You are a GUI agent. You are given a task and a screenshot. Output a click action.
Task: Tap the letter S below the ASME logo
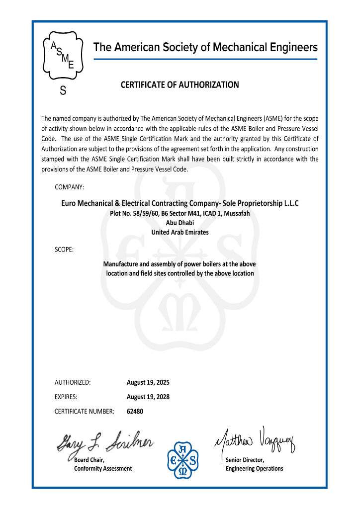tap(63, 91)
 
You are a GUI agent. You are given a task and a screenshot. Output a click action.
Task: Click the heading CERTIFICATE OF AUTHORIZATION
tap(180, 85)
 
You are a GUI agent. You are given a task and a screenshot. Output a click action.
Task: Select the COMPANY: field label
tap(69, 187)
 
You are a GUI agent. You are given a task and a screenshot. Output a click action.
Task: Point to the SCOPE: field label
tap(64, 249)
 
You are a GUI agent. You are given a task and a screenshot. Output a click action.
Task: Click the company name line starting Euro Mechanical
tap(180, 203)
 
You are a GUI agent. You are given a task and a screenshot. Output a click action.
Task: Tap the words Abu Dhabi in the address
tap(180, 223)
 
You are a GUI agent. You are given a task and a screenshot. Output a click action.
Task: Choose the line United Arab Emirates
tap(180, 232)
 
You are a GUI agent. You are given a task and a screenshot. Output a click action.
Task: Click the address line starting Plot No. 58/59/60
tap(180, 213)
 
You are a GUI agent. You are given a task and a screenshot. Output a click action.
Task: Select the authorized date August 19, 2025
tap(148, 383)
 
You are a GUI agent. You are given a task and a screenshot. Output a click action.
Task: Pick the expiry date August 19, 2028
tap(148, 397)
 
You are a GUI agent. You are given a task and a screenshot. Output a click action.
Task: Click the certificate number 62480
tap(135, 412)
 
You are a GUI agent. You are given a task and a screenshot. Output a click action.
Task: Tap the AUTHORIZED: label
tap(73, 383)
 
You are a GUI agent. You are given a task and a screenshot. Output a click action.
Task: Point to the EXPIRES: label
tap(66, 397)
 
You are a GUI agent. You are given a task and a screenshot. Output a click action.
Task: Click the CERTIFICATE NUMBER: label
tap(85, 412)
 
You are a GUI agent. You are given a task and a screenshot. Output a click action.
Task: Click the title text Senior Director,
tap(245, 460)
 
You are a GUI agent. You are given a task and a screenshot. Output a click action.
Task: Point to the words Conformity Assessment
tap(103, 469)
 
